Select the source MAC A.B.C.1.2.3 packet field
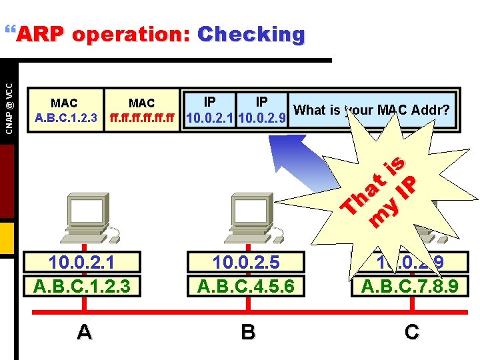(65, 111)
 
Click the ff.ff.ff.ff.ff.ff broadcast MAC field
(141, 111)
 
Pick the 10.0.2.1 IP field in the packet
(209, 111)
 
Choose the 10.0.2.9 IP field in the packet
(262, 111)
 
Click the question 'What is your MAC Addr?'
(372, 110)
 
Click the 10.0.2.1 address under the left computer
(85, 263)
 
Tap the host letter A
(84, 331)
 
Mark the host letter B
(248, 331)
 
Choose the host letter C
(411, 331)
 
